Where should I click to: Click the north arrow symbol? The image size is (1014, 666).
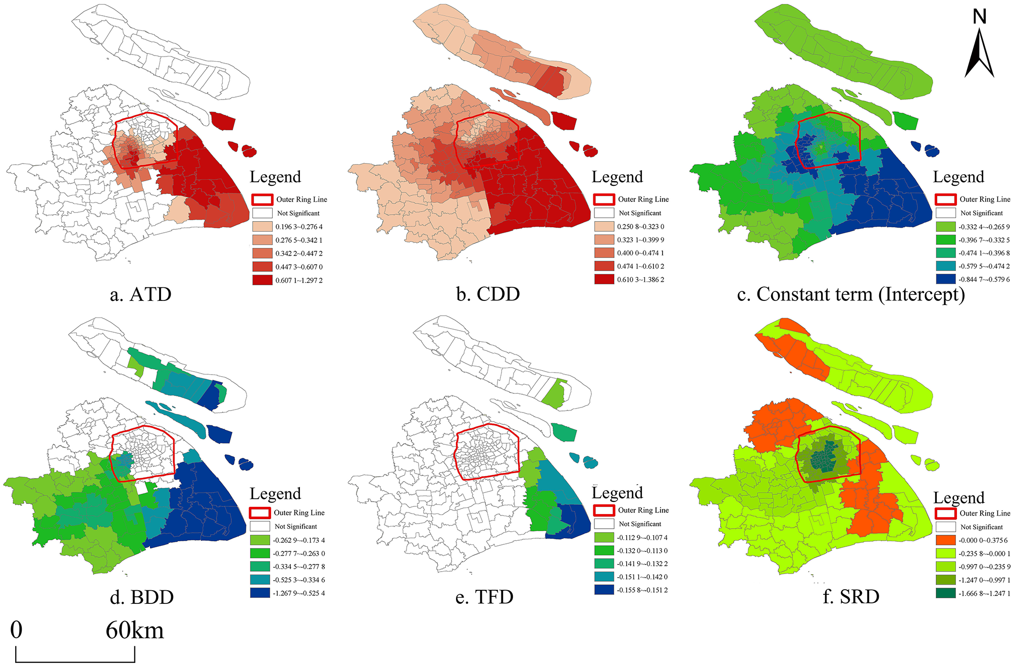pos(979,54)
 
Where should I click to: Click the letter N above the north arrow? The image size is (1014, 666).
pos(980,17)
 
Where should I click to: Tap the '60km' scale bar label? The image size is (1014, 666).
pos(135,631)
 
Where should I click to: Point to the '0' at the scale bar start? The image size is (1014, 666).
pos(16,630)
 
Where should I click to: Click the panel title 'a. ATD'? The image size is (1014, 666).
pos(140,294)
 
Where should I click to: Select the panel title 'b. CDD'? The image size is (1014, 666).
pos(488,294)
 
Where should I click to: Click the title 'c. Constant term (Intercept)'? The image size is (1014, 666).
pos(851,294)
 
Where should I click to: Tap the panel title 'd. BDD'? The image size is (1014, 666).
pos(142,597)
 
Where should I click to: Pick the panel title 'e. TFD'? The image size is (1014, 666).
pos(484,597)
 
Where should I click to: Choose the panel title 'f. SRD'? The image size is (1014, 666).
pos(851,597)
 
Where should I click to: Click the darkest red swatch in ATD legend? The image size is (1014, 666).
pos(262,280)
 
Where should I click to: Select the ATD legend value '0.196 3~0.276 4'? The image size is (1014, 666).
pos(299,227)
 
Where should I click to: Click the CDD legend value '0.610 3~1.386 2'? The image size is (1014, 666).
pos(641,280)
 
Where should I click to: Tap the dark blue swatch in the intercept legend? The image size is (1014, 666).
pos(945,279)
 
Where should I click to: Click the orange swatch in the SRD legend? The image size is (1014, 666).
pos(945,540)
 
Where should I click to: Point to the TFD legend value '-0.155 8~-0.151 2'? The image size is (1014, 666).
pos(642,590)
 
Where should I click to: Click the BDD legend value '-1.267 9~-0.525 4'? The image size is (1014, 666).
pos(299,593)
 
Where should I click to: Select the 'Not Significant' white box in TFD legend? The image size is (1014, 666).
pos(604,524)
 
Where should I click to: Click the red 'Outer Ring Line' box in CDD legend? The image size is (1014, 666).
pos(604,199)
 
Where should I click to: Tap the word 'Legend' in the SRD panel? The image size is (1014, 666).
pos(959,498)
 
